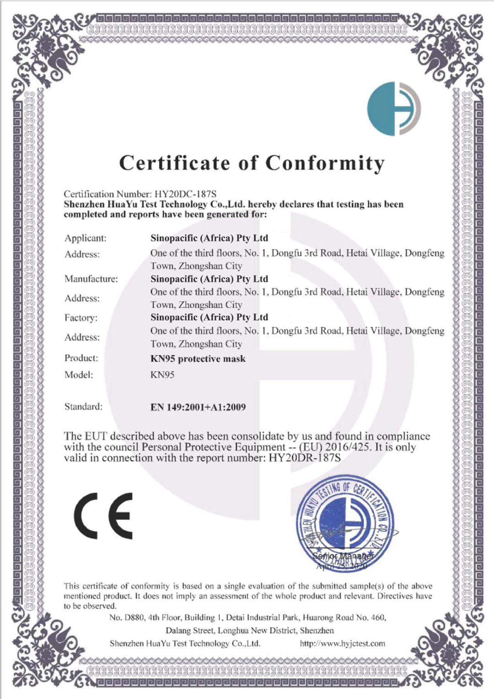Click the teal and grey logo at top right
[x=394, y=109]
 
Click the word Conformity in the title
[x=325, y=163]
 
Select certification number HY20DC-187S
[x=185, y=194]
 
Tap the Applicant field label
[x=85, y=238]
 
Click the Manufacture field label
[x=91, y=279]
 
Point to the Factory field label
[x=81, y=318]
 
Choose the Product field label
[x=81, y=358]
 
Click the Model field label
[x=79, y=375]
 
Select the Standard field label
[x=83, y=407]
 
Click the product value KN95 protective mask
[x=198, y=359]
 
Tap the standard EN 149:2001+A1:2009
[x=198, y=407]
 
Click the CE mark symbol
[x=103, y=516]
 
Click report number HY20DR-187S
[x=304, y=458]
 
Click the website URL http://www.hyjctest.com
[x=342, y=643]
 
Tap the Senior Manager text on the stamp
[x=343, y=556]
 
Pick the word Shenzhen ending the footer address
[x=317, y=630]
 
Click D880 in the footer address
[x=133, y=617]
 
